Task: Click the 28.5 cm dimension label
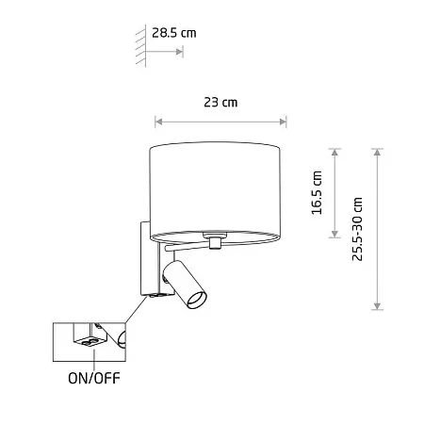174,33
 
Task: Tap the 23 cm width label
220,103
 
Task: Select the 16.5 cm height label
317,193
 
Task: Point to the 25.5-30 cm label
357,229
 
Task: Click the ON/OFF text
94,378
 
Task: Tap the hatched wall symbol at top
141,46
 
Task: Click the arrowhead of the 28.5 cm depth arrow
179,52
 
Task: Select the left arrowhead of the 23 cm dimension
159,122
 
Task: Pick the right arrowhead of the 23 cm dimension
283,122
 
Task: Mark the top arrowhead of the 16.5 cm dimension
334,153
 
